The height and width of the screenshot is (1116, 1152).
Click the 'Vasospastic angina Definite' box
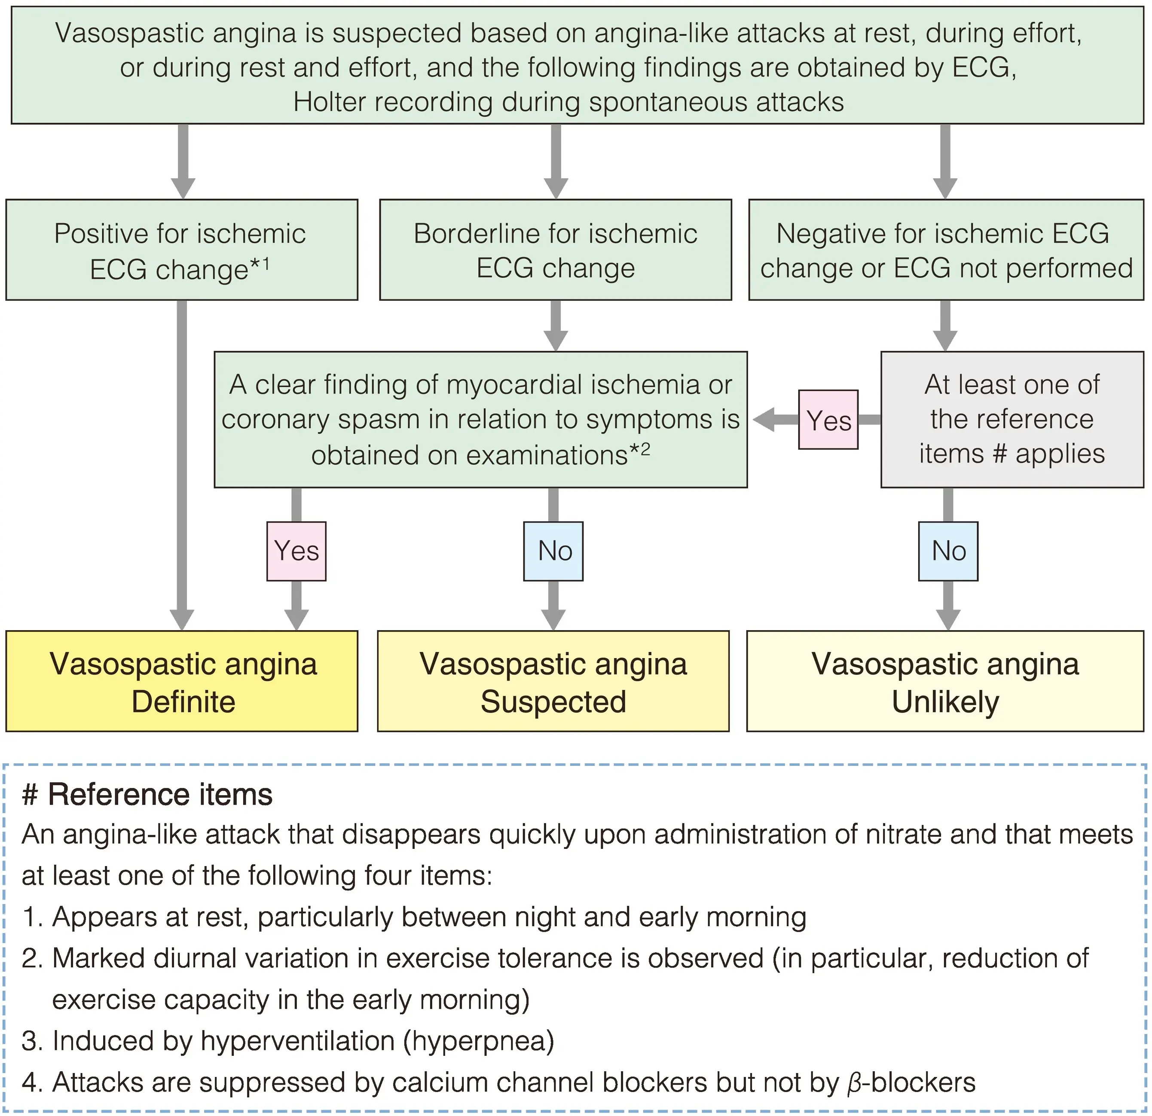pyautogui.click(x=182, y=681)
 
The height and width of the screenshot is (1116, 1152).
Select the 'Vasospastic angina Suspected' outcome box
pyautogui.click(x=553, y=681)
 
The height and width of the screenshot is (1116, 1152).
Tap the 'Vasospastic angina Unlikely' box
pyautogui.click(x=945, y=681)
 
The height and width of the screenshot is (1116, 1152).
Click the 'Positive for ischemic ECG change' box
pyautogui.click(x=182, y=250)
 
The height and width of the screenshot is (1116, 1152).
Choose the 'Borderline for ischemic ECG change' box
pyautogui.click(x=556, y=250)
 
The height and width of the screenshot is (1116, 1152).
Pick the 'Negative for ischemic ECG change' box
pyautogui.click(x=946, y=250)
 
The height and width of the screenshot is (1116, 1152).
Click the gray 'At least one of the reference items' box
pyautogui.click(x=1011, y=419)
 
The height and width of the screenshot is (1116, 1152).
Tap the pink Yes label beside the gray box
pyautogui.click(x=828, y=420)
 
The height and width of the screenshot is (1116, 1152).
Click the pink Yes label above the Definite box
pyautogui.click(x=296, y=551)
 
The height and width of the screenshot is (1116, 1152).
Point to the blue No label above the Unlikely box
pyautogui.click(x=948, y=551)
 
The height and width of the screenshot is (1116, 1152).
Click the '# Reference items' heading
pyautogui.click(x=147, y=795)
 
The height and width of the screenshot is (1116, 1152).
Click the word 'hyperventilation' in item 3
pyautogui.click(x=297, y=1041)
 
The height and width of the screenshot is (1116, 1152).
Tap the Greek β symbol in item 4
pyautogui.click(x=854, y=1082)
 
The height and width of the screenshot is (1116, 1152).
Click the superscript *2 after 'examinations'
pyautogui.click(x=640, y=450)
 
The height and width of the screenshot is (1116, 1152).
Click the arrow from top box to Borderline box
pyautogui.click(x=556, y=162)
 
